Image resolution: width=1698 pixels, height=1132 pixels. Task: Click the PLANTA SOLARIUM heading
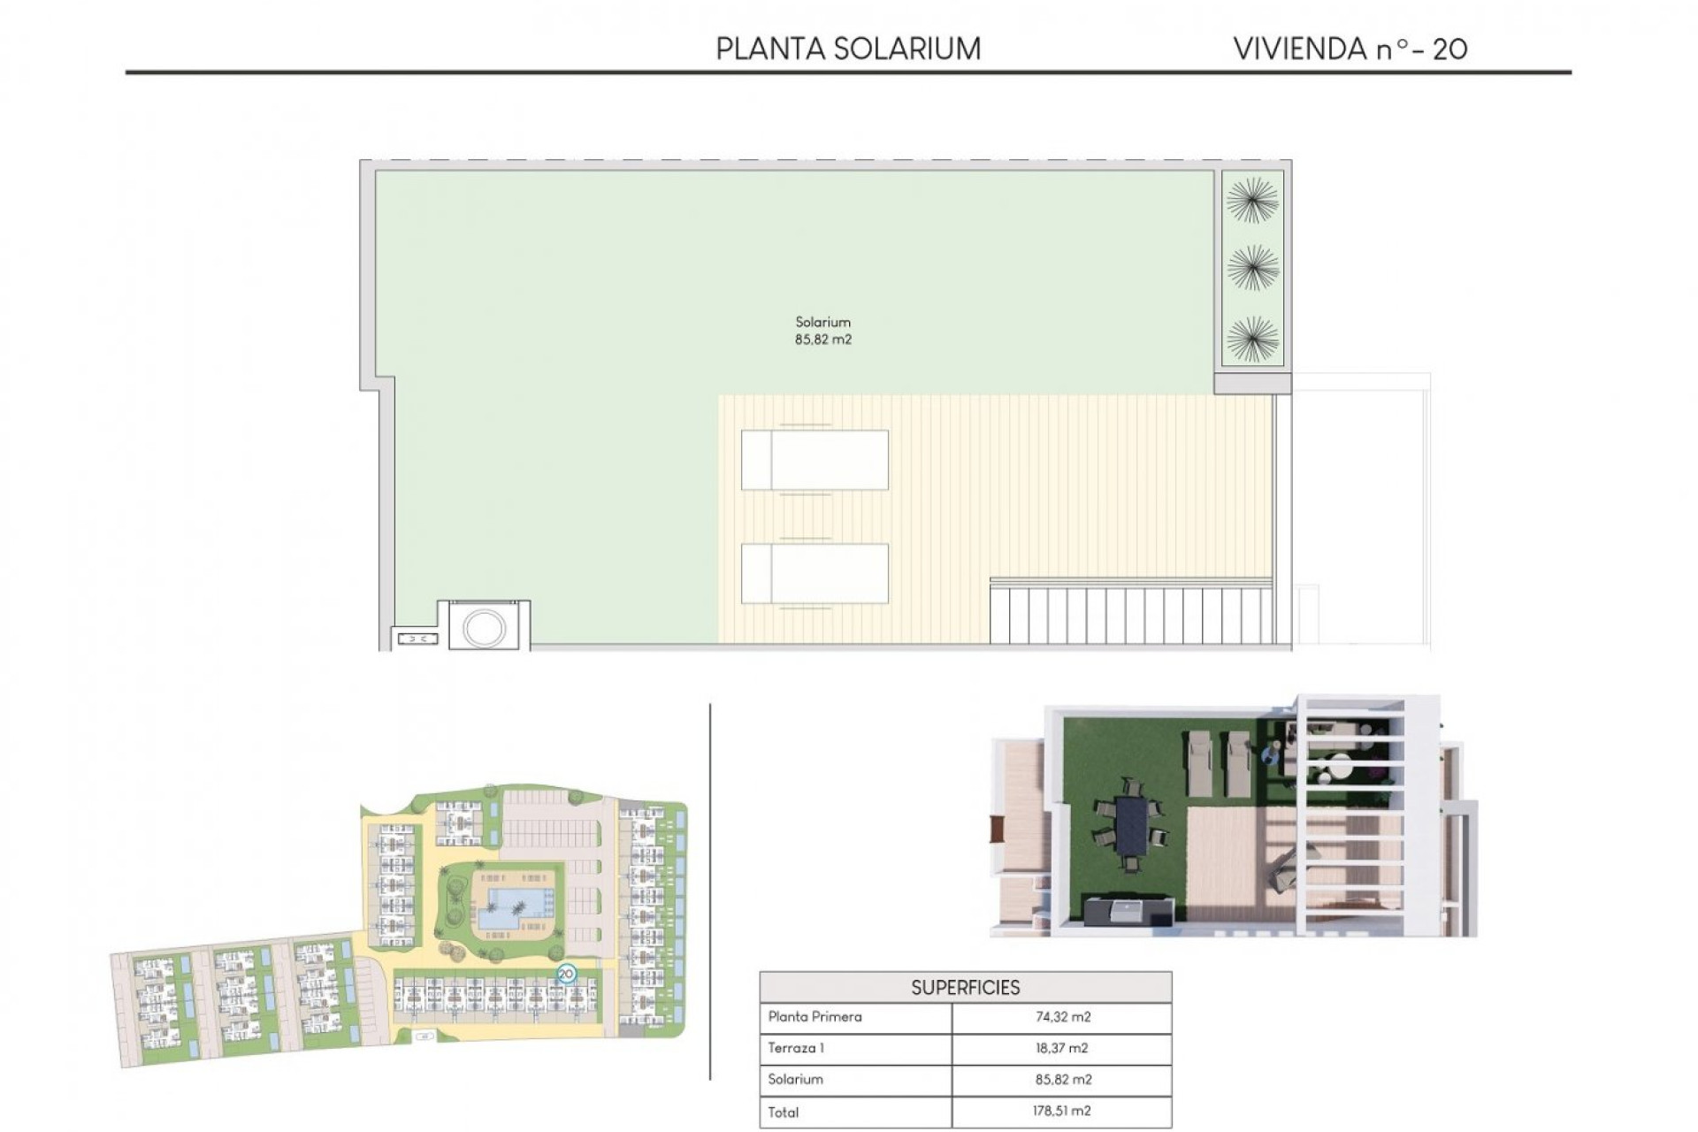(847, 49)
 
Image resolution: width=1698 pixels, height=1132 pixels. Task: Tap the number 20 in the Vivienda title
(1449, 50)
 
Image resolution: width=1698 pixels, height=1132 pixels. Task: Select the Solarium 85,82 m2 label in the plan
(822, 331)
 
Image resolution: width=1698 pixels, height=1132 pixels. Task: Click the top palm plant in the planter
(1252, 200)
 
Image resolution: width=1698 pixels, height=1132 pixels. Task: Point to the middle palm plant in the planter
(1252, 268)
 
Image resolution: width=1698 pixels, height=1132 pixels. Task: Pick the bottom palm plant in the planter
(1252, 338)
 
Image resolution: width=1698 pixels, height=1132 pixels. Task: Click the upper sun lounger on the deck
(815, 460)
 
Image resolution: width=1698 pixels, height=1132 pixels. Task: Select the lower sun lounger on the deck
(815, 573)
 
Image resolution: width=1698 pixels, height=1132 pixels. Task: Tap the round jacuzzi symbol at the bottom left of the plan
(485, 627)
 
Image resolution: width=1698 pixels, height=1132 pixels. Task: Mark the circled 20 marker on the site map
(567, 974)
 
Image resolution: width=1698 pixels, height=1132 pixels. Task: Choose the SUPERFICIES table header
(965, 987)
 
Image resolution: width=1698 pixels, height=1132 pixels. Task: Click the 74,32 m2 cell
(1062, 1017)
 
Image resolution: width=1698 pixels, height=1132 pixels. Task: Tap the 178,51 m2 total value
(1062, 1111)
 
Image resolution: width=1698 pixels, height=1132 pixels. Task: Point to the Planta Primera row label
(815, 1017)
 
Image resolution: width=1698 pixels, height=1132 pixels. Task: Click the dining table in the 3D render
(1131, 831)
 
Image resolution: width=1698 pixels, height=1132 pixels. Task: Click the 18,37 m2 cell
(1062, 1048)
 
